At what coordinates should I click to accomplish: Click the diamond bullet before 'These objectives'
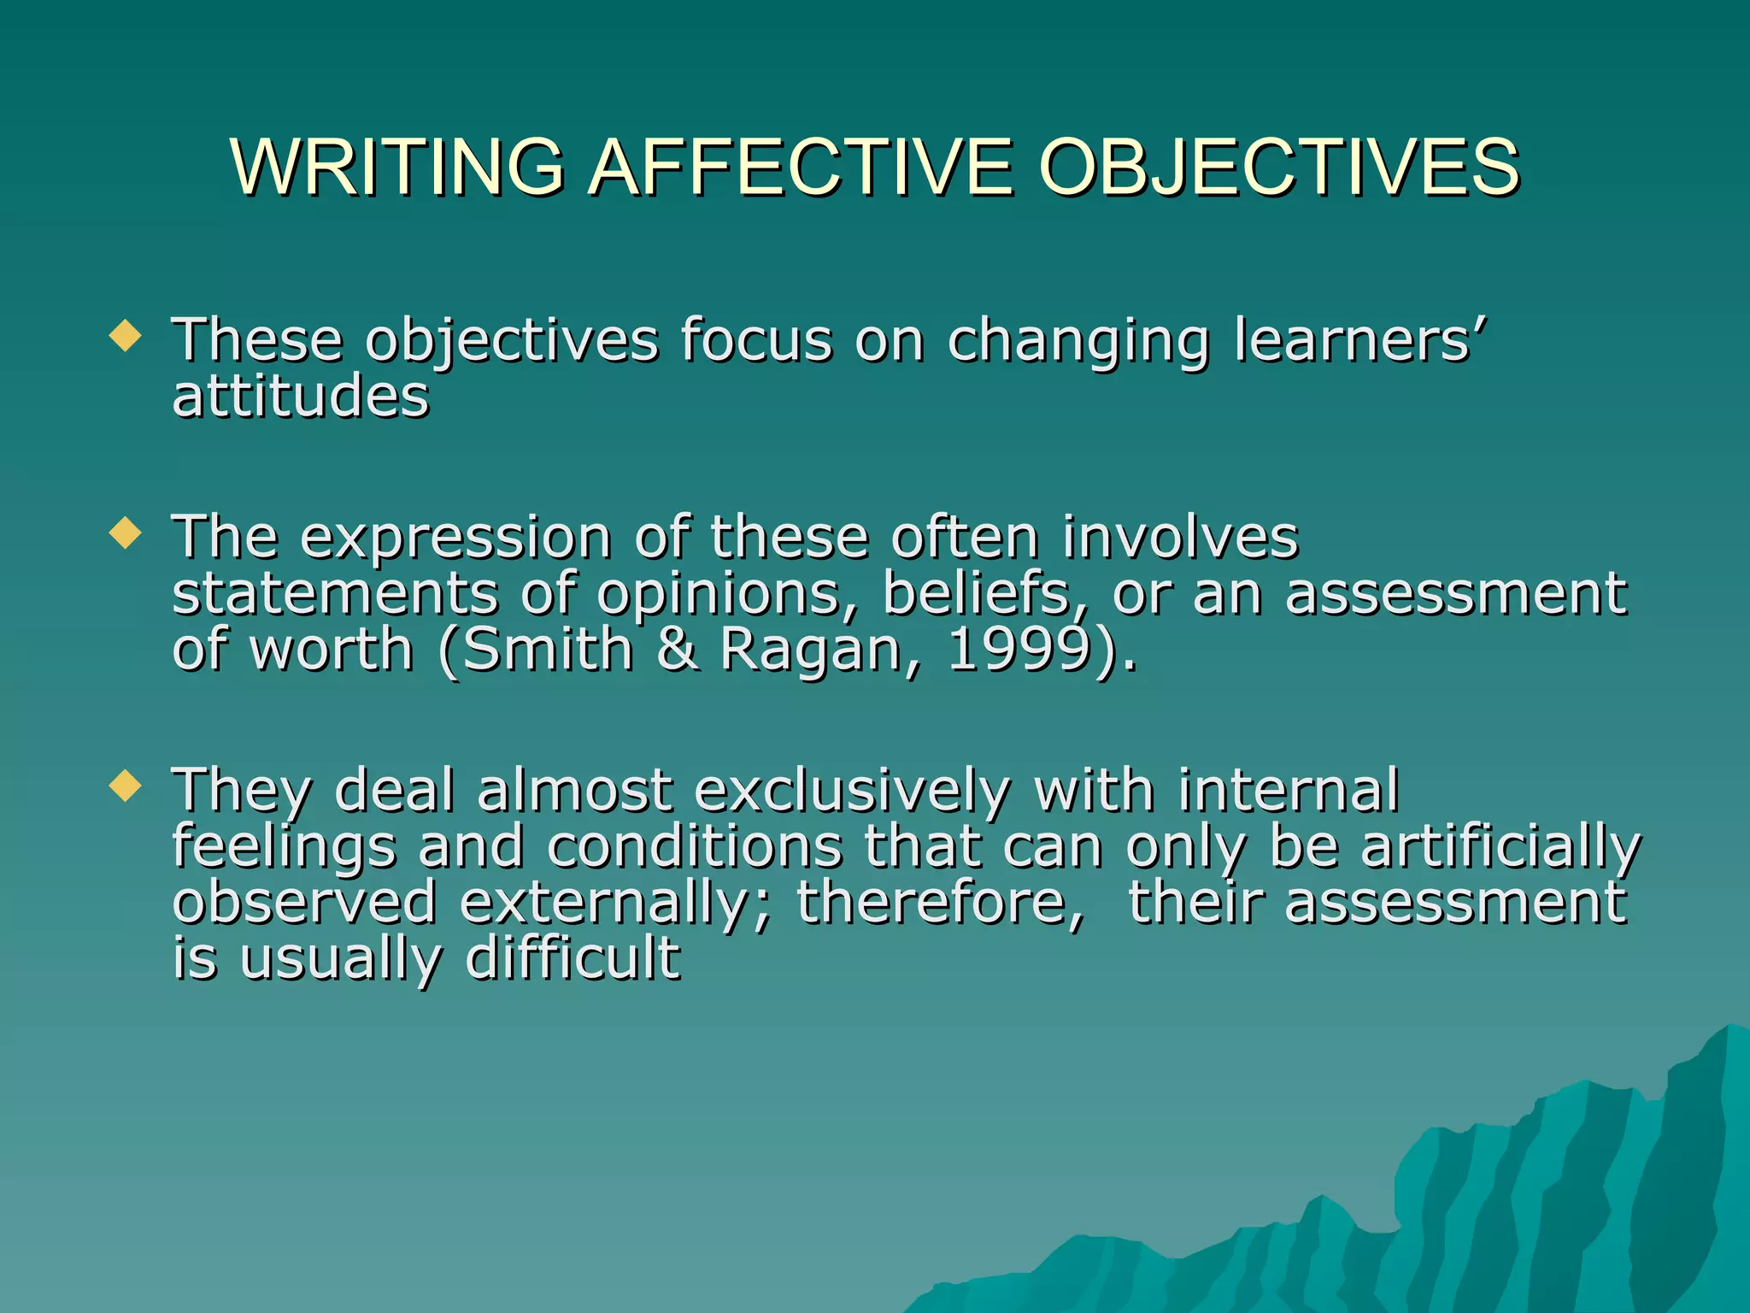point(126,336)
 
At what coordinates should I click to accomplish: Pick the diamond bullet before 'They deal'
point(126,786)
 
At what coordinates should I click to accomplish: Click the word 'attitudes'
point(301,397)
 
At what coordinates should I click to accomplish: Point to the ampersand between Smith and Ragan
point(678,650)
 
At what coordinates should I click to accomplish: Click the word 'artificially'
point(1500,847)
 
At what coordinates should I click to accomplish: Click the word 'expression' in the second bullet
point(455,539)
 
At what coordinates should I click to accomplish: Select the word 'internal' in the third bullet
point(1289,790)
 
